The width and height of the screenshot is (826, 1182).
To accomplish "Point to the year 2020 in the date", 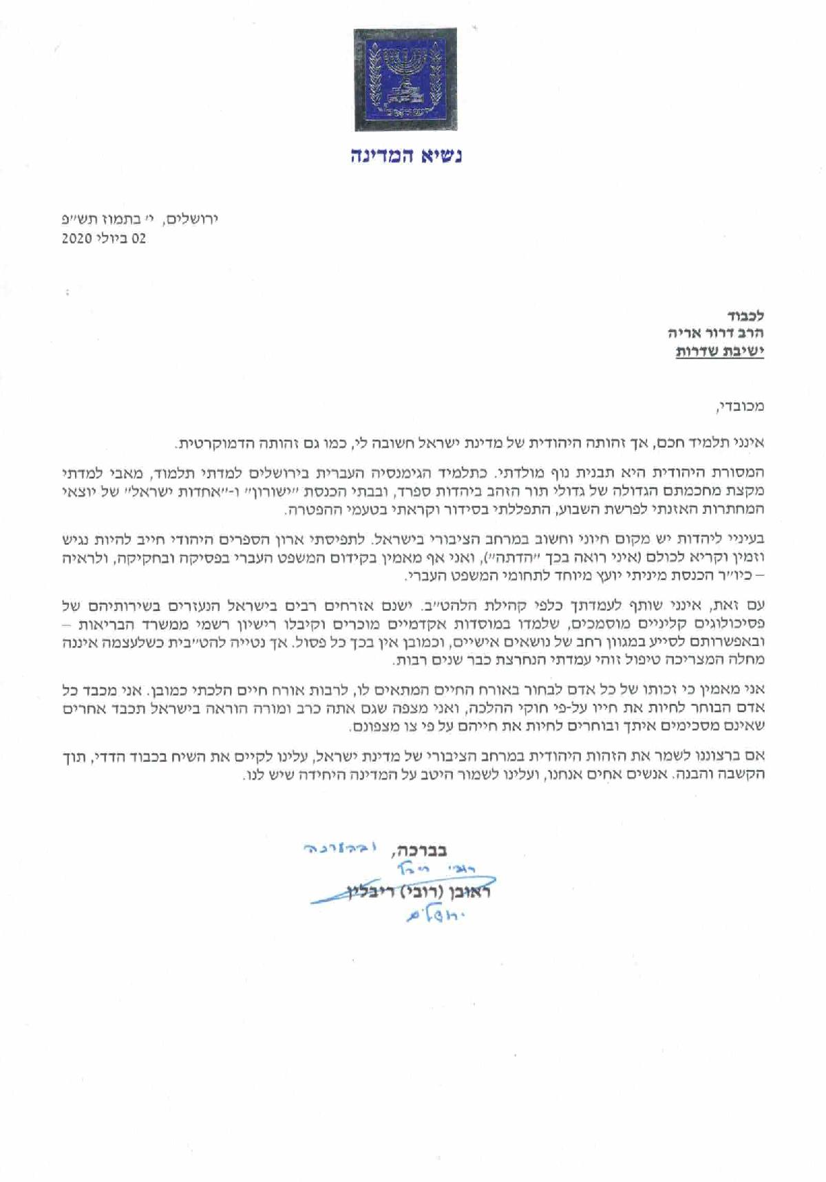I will click(76, 239).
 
